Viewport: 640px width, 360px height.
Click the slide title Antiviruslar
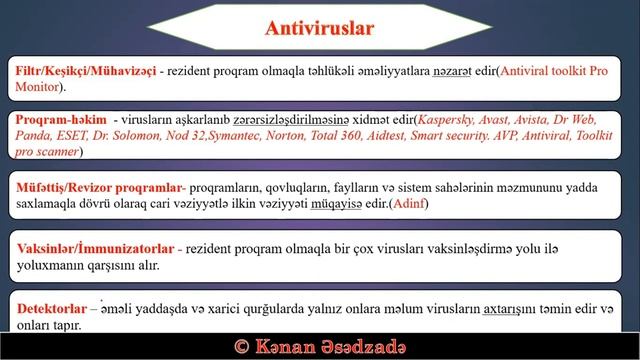coord(319,28)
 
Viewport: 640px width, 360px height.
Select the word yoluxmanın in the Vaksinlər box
coord(50,266)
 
